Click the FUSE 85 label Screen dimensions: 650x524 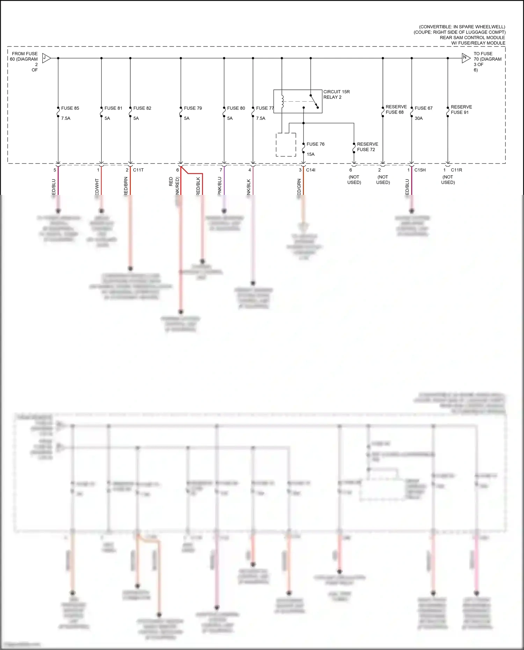(x=70, y=108)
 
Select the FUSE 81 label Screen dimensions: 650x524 (x=113, y=108)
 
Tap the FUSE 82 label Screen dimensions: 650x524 (x=142, y=108)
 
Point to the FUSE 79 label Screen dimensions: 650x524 (x=193, y=108)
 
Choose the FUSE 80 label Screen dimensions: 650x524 (x=236, y=108)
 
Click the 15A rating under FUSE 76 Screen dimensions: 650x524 (x=311, y=154)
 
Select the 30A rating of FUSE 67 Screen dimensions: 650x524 (x=419, y=118)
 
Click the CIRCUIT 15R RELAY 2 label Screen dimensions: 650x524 (x=336, y=95)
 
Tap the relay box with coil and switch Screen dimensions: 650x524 (x=298, y=101)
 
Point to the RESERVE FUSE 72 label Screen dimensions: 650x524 (x=367, y=147)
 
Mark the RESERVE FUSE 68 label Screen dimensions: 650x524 (x=396, y=109)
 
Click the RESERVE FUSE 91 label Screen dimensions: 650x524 (x=461, y=110)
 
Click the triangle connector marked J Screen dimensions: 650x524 (x=46, y=58)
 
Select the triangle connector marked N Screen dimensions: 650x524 (x=466, y=58)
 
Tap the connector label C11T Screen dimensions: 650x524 (x=138, y=170)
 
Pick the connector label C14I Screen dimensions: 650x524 (x=311, y=170)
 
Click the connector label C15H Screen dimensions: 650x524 (x=420, y=170)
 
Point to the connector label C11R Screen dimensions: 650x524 (x=456, y=170)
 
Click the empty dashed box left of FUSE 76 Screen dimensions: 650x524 (x=286, y=145)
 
